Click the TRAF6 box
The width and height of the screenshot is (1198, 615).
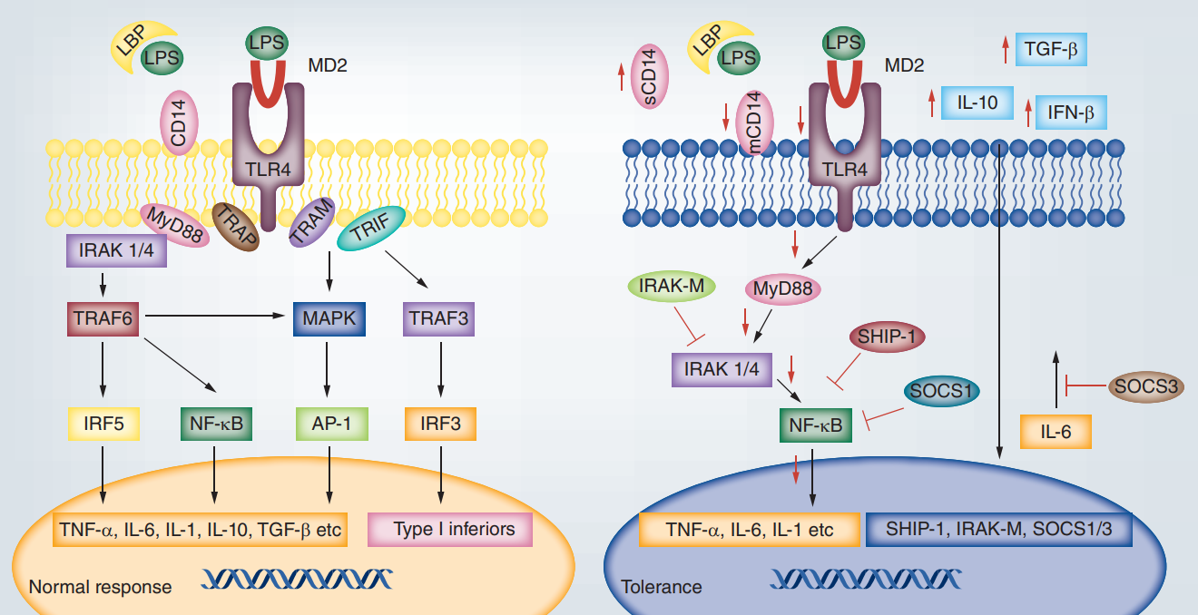[102, 317]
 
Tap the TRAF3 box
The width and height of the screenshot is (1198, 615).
[439, 317]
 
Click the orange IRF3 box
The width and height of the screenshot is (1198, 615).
[439, 424]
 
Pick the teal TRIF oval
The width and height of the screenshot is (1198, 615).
[371, 234]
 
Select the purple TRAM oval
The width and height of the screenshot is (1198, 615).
[312, 221]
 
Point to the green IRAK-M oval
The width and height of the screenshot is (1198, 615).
[673, 288]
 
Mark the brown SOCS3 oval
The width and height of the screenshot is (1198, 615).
[1146, 386]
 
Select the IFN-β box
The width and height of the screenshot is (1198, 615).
[1071, 113]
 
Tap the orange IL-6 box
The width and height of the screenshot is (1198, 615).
[1055, 432]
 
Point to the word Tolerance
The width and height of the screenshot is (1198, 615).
[661, 587]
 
